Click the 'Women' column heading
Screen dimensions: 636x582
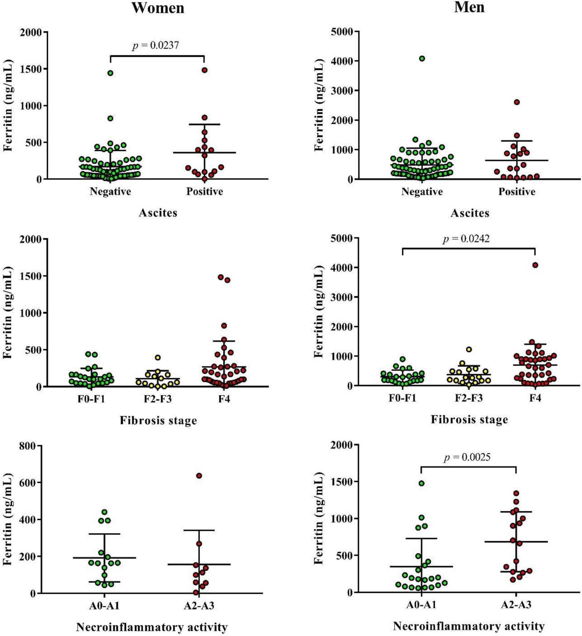[x=158, y=8]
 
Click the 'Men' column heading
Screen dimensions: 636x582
[x=469, y=7]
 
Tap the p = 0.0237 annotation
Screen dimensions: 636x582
[x=155, y=45]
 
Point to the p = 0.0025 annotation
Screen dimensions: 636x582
[x=467, y=457]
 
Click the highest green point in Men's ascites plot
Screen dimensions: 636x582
[x=422, y=59]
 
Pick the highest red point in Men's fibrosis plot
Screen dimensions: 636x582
[x=535, y=265]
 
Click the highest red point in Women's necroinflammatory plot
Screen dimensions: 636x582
[x=199, y=476]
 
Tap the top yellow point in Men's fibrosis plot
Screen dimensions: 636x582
[x=469, y=349]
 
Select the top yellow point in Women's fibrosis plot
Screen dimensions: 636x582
[x=158, y=357]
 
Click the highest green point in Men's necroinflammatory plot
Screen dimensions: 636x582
[x=422, y=483]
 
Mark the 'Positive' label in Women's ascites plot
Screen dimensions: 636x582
[x=205, y=192]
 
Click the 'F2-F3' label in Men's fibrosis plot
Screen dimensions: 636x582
[x=469, y=398]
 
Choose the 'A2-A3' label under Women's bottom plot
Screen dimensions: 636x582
[x=199, y=606]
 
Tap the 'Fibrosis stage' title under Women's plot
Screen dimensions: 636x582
[x=158, y=420]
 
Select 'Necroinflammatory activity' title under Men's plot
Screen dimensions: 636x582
[x=469, y=626]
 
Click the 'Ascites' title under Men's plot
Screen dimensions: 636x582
[x=470, y=213]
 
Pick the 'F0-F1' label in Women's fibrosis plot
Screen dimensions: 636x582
[x=91, y=399]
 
